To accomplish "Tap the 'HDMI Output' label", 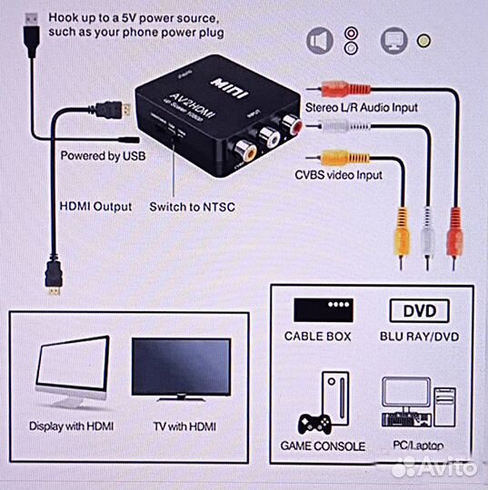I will (95, 206).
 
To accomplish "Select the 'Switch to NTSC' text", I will (192, 206).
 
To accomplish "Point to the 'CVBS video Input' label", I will (338, 175).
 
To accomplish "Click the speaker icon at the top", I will (317, 40).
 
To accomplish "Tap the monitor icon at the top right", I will (393, 40).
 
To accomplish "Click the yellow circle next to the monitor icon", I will (423, 40).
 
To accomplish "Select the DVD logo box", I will (419, 311).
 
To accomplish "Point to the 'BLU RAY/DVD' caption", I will (418, 335).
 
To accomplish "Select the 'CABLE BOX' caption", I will (324, 335).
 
